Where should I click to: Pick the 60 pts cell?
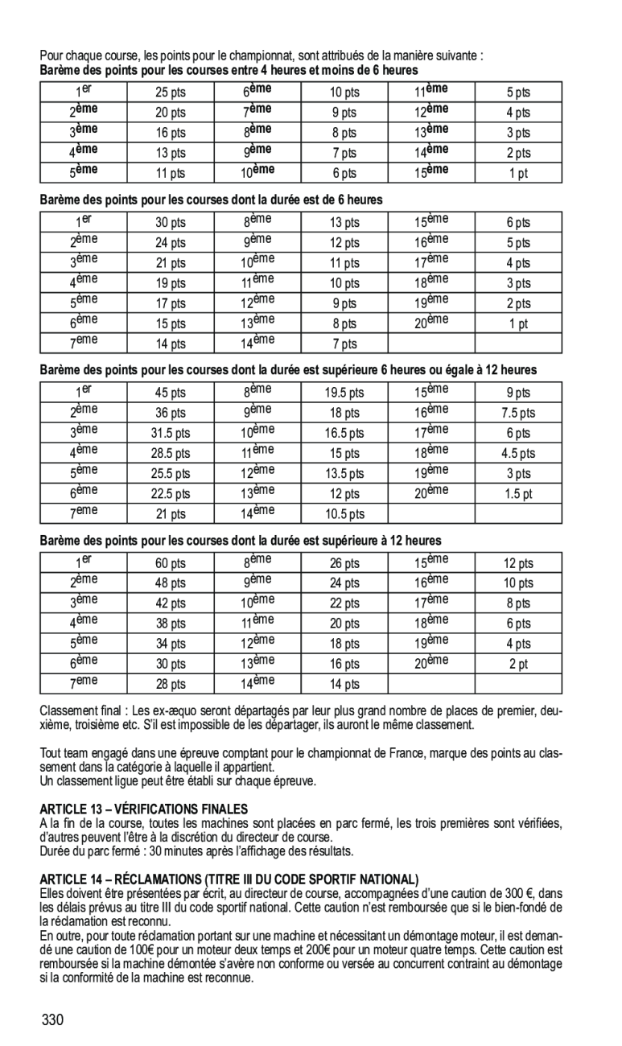(171, 563)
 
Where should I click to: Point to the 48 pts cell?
(171, 583)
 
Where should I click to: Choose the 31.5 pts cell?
(171, 433)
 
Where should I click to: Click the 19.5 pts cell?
(344, 393)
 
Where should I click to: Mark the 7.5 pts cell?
(518, 413)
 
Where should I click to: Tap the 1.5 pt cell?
(518, 493)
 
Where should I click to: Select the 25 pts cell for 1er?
(171, 93)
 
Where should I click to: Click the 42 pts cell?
(171, 603)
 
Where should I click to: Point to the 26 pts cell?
(344, 563)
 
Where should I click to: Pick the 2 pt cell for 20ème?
(518, 664)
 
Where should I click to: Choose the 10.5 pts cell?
(344, 513)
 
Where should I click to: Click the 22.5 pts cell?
(171, 493)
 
